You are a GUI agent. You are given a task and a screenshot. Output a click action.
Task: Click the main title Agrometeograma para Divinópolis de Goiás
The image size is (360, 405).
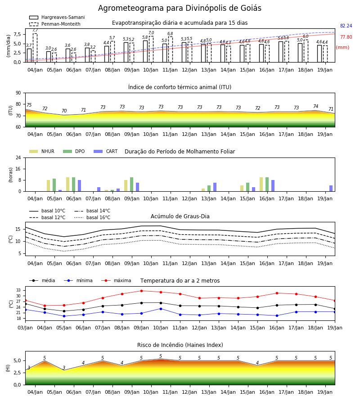coord(180,8)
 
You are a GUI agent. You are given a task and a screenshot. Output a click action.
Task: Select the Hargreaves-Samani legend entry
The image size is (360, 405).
coord(57,17)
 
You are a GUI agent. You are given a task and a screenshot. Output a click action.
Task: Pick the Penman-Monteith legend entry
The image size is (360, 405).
coord(55,24)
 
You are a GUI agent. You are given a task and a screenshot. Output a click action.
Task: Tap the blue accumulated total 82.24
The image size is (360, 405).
coord(346,26)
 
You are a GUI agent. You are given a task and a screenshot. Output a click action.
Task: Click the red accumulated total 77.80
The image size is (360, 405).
coord(346,37)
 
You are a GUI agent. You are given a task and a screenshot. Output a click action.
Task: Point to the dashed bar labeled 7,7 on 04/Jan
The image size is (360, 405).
coord(35,48)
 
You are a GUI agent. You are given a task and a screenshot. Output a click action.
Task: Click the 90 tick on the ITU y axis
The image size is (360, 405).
coord(18,93)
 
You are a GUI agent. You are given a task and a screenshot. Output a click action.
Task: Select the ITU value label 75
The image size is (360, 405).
coord(29,105)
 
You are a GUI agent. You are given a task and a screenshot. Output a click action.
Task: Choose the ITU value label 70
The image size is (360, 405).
coord(64,111)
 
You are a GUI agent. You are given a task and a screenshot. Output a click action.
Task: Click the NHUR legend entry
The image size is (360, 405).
coord(42,151)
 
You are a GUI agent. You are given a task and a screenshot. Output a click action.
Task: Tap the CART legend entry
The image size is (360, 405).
coord(106,151)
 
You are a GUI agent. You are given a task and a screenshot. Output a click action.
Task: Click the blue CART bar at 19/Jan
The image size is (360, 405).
coord(331,189)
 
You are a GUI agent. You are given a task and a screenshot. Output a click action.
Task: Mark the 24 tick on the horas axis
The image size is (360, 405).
coord(18,158)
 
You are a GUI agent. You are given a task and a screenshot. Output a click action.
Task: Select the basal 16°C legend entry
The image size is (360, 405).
coord(92,217)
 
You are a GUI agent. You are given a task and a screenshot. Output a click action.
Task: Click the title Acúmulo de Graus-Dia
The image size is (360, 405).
coord(180,216)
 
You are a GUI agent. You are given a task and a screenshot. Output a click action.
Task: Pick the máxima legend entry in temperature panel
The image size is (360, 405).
coord(116,280)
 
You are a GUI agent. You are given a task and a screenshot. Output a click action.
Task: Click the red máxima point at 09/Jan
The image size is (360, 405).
coord(141,291)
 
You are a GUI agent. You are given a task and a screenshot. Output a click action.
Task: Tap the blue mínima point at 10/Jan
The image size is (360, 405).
coord(161,309)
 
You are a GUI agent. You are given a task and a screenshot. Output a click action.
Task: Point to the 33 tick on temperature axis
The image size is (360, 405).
coord(19,290)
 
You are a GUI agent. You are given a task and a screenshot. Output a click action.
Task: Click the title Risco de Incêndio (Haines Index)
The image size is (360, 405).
coord(180,345)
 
